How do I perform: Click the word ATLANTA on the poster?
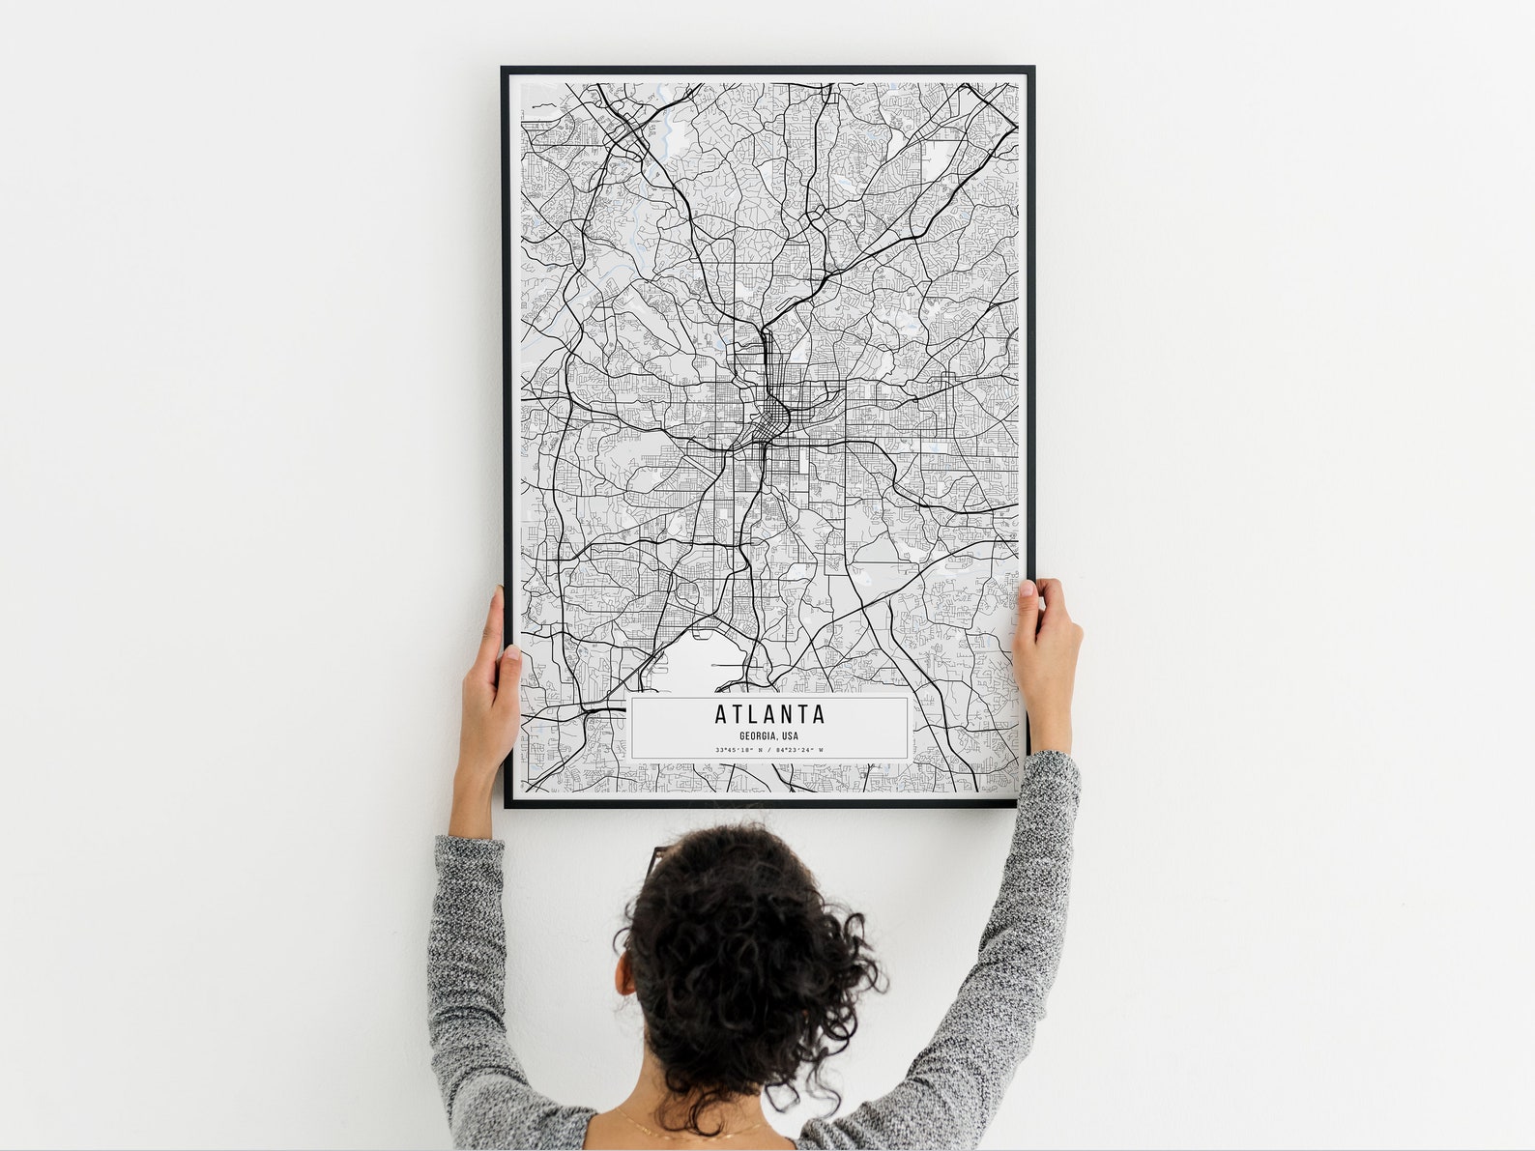(770, 715)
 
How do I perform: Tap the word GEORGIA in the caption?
(759, 736)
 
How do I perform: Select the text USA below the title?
(791, 736)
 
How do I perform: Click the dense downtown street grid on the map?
(772, 420)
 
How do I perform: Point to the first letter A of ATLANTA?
(721, 715)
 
